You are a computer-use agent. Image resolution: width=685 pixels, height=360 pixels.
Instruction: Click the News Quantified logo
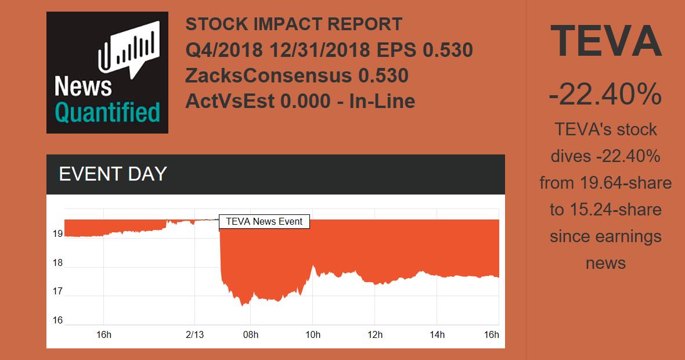[107, 73]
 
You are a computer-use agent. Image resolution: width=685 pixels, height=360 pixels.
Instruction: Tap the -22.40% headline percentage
[605, 95]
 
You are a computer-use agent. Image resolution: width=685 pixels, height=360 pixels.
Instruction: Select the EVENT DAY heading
[113, 174]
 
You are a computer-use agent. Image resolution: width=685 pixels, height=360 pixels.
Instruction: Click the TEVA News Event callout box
[264, 221]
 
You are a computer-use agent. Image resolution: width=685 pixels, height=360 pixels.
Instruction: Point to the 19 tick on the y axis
[57, 234]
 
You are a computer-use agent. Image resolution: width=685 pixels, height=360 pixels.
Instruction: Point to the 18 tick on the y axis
[57, 263]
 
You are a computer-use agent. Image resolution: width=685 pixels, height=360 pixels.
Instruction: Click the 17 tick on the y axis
[57, 291]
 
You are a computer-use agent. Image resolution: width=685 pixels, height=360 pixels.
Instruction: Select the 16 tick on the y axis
[57, 320]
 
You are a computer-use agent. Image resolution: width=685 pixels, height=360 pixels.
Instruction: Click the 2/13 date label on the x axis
[195, 334]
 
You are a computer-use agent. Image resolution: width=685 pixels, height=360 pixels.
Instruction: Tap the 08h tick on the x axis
[251, 334]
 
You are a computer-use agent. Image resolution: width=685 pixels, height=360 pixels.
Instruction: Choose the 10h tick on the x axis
[313, 334]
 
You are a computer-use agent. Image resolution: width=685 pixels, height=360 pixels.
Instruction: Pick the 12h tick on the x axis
[375, 334]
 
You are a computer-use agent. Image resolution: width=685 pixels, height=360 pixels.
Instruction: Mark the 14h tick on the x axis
[437, 334]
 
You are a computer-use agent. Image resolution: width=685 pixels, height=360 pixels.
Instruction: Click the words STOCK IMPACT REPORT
[294, 24]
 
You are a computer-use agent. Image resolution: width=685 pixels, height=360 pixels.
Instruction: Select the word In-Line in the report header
[381, 101]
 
